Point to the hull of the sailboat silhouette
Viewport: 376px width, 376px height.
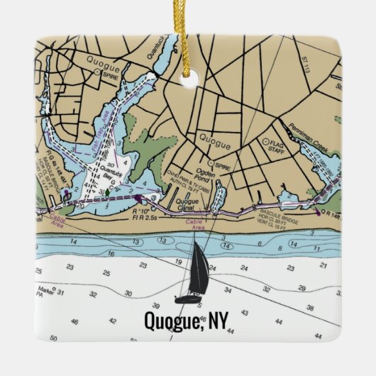[x=189, y=298]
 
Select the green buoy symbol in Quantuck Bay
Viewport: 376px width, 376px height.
[x=106, y=192]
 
